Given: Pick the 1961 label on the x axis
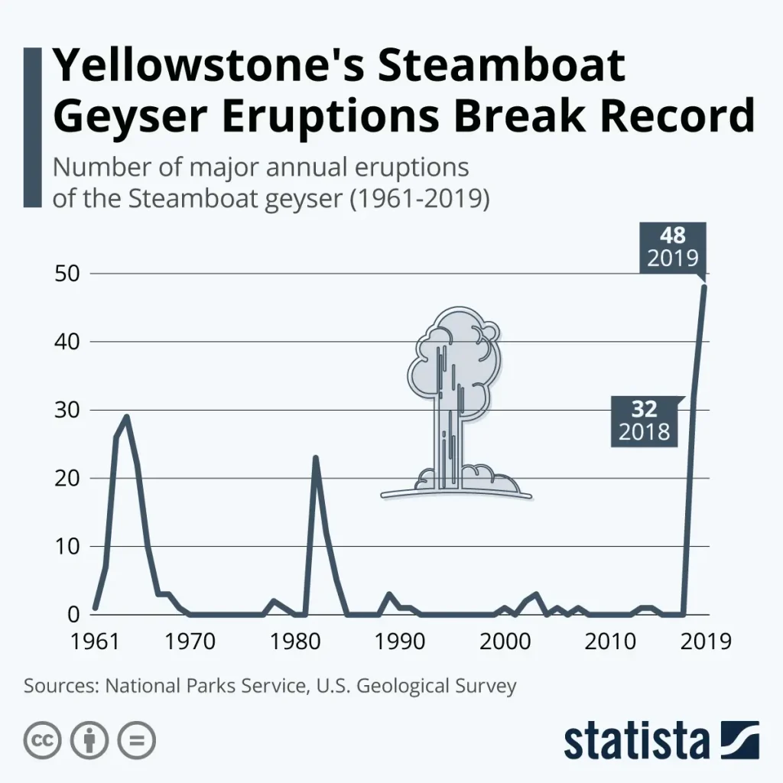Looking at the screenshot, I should click(x=95, y=640).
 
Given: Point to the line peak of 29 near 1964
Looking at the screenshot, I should click(x=126, y=417).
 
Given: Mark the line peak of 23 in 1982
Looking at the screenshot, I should click(x=315, y=458).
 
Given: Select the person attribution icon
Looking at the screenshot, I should click(x=89, y=740).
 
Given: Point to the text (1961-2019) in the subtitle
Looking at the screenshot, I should click(x=418, y=198).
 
